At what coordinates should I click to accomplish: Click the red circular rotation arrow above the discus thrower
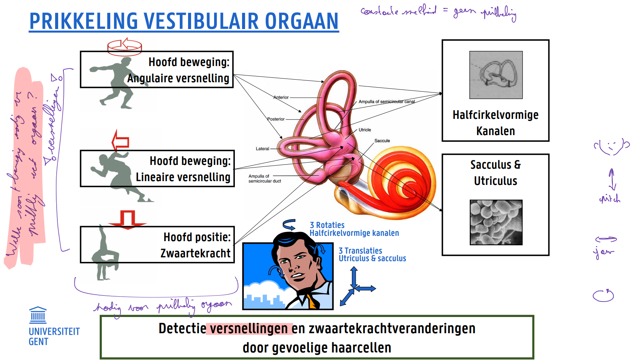pyautogui.click(x=125, y=46)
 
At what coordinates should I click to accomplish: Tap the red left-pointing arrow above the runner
pyautogui.click(x=120, y=142)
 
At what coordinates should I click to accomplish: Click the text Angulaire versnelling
pyautogui.click(x=178, y=78)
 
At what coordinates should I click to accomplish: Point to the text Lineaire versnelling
pyautogui.click(x=183, y=177)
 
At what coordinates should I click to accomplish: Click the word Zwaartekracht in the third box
pyautogui.click(x=195, y=253)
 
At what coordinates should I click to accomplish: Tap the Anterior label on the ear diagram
pyautogui.click(x=281, y=97)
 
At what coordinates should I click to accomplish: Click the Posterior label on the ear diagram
pyautogui.click(x=276, y=119)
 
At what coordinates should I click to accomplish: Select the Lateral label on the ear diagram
pyautogui.click(x=262, y=149)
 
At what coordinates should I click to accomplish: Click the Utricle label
pyautogui.click(x=365, y=130)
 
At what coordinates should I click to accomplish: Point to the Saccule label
pyautogui.click(x=382, y=141)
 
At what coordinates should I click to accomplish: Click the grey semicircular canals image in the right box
pyautogui.click(x=496, y=75)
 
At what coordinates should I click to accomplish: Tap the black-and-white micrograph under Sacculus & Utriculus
pyautogui.click(x=496, y=222)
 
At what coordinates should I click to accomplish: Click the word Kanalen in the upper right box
pyautogui.click(x=495, y=131)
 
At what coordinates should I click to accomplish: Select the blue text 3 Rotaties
pyautogui.click(x=327, y=225)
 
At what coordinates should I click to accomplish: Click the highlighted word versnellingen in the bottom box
pyautogui.click(x=249, y=329)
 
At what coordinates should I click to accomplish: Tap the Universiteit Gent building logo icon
pyautogui.click(x=38, y=315)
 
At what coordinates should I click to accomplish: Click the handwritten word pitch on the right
pyautogui.click(x=609, y=198)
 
